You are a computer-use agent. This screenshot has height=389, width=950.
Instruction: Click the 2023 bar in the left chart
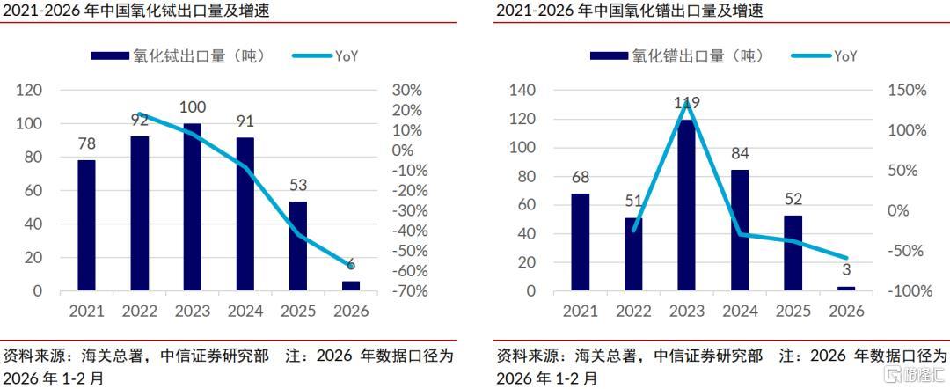click(192, 207)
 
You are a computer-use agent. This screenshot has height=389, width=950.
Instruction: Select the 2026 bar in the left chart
click(350, 285)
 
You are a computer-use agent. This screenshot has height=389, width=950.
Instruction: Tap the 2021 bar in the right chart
click(580, 242)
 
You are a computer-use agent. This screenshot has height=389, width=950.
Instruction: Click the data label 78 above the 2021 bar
click(86, 143)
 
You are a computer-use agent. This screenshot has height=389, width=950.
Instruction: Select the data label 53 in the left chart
click(297, 185)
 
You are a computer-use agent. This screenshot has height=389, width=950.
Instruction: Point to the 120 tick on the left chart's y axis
click(30, 91)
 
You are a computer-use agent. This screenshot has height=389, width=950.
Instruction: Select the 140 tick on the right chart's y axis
click(523, 91)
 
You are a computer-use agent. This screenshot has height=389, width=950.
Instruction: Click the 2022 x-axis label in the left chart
click(139, 312)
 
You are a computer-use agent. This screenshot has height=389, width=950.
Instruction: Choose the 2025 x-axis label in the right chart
click(793, 312)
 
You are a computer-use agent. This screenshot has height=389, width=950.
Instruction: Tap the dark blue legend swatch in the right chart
click(609, 55)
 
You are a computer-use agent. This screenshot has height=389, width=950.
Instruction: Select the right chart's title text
click(629, 11)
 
